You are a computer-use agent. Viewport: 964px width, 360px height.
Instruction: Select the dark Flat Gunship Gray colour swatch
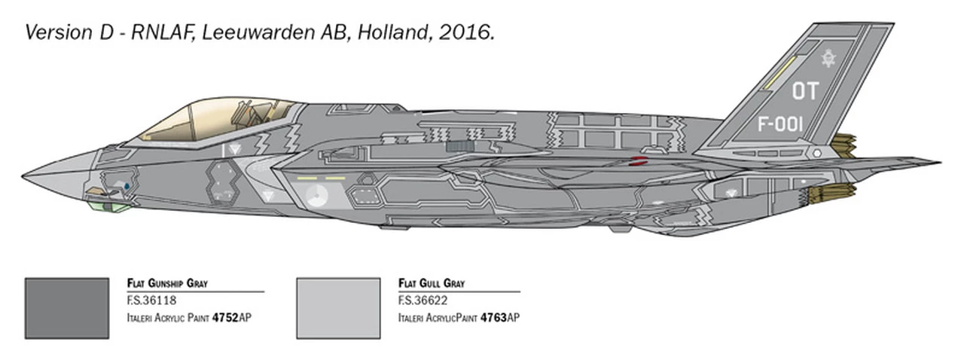coord(66,308)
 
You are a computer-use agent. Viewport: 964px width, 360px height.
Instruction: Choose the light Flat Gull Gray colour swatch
coord(338,308)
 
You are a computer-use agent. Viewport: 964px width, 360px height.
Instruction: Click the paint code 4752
coord(225,318)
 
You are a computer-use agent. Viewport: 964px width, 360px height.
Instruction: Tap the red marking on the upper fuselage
coord(639,160)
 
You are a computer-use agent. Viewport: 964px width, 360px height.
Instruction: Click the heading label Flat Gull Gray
coord(432,283)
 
